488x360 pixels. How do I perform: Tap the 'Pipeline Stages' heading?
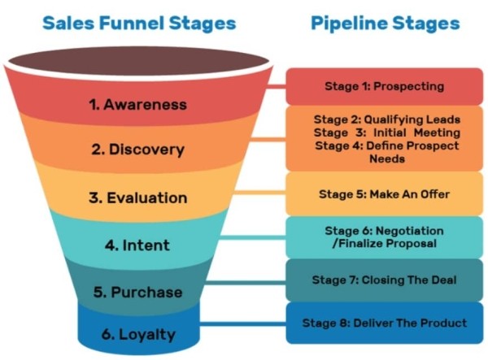(385, 23)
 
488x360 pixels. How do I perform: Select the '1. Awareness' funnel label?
(139, 104)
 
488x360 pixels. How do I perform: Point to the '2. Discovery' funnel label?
(137, 150)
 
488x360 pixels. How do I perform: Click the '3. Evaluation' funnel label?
(139, 197)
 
